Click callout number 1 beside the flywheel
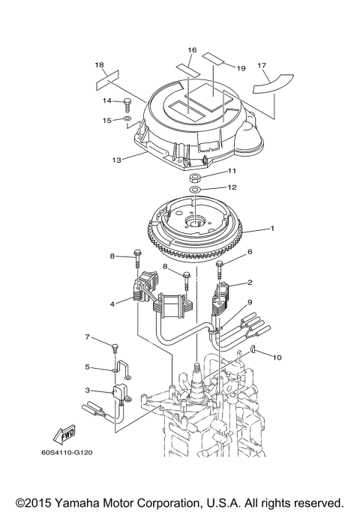(x=273, y=228)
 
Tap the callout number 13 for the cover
(x=116, y=159)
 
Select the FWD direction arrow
(x=65, y=433)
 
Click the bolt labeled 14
(x=127, y=103)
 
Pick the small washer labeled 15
(x=128, y=118)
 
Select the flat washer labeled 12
(x=194, y=191)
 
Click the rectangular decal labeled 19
(x=214, y=58)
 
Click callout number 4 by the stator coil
(x=112, y=304)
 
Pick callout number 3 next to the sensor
(x=88, y=390)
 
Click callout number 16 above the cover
(x=192, y=50)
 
